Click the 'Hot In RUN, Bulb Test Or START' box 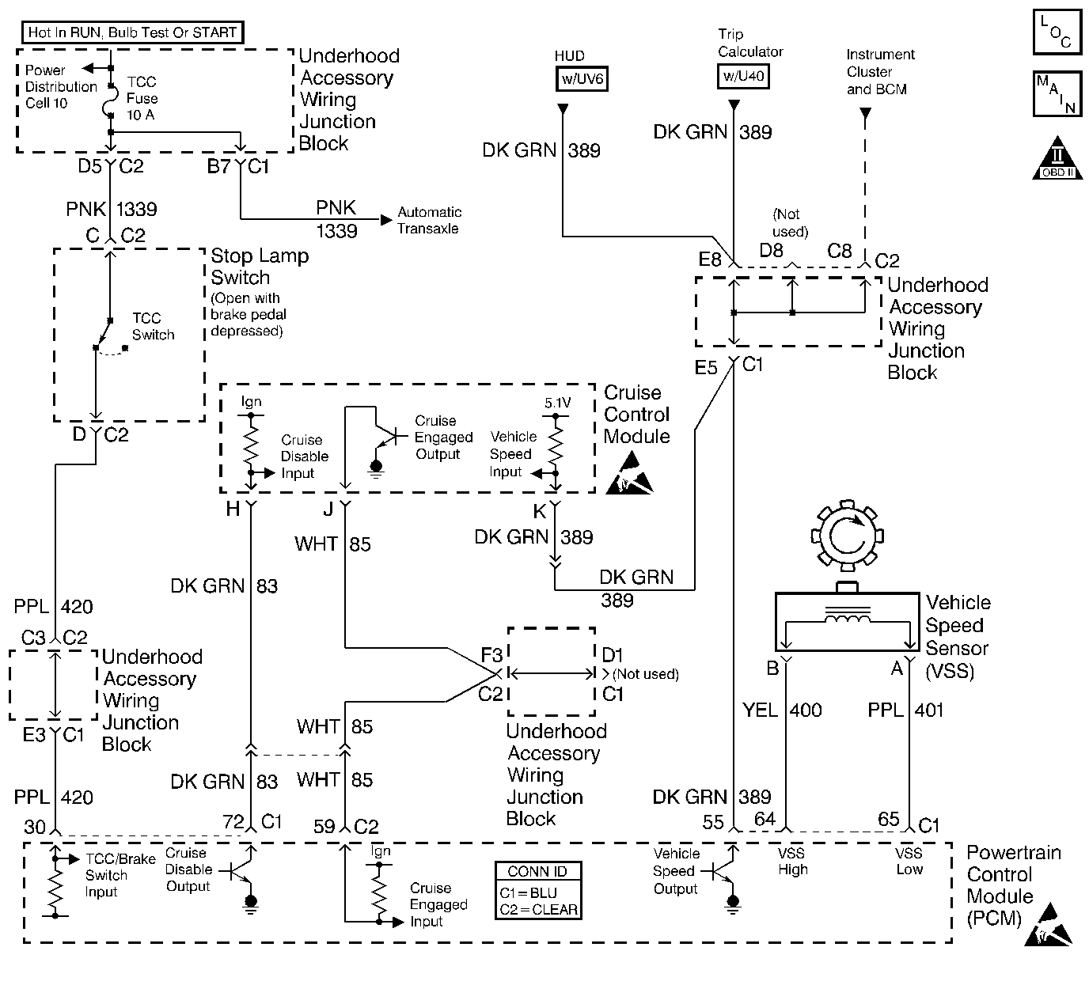131,32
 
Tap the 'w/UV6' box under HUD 582,79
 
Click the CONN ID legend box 538,890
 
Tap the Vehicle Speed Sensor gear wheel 847,540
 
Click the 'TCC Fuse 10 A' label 142,98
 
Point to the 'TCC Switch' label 153,326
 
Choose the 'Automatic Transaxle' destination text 430,220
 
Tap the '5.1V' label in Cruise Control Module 557,403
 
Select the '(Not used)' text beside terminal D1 646,674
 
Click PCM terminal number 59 324,827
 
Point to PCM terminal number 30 35,827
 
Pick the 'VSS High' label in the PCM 792,861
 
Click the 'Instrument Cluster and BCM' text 878,72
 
